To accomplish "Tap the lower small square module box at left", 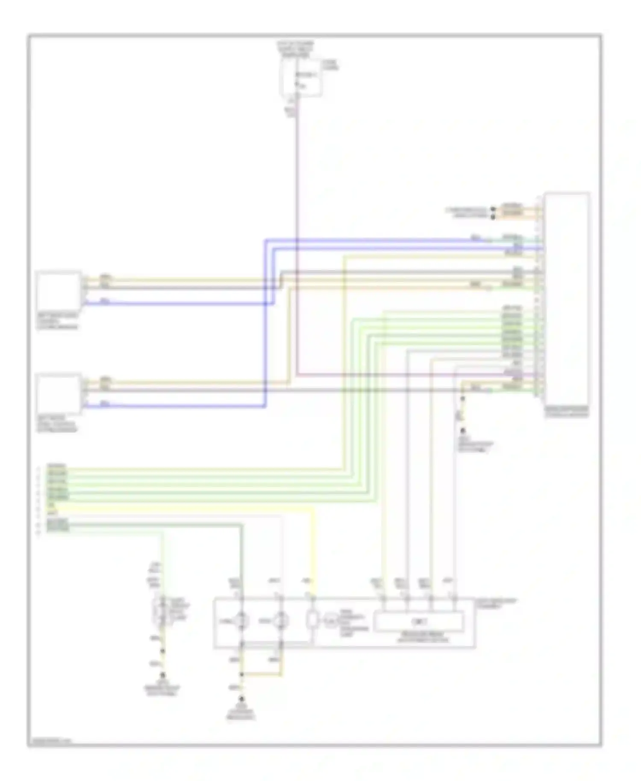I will tap(59, 393).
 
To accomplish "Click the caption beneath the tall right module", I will tap(567, 412).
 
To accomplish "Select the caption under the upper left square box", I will tap(57, 321).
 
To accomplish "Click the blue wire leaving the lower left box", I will tap(171, 406).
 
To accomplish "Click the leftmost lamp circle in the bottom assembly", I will tap(241, 620).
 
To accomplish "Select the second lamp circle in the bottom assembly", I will tap(281, 620).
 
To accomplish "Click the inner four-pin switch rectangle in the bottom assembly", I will tap(418, 621).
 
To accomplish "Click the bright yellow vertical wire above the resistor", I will tap(314, 551).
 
